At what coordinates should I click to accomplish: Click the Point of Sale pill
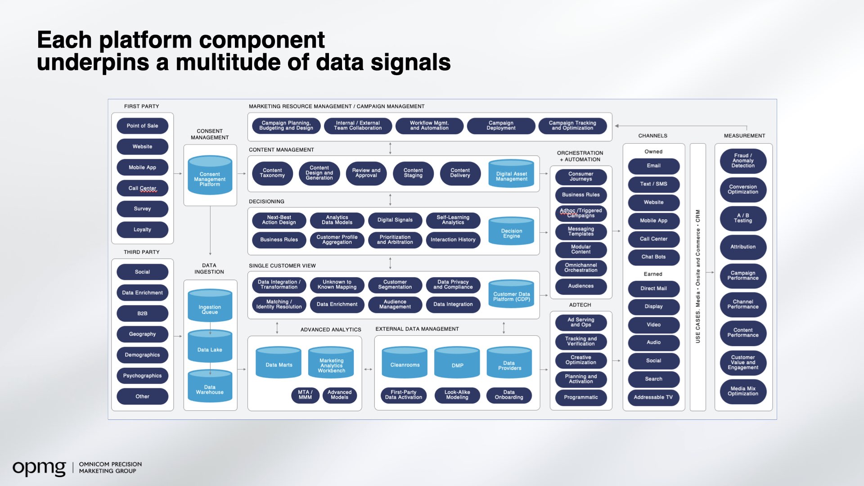[142, 126]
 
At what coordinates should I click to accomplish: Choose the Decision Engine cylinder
[511, 232]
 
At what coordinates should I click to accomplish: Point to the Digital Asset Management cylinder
[511, 174]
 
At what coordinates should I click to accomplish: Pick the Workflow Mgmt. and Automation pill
[429, 126]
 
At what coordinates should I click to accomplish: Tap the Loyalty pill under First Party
[142, 229]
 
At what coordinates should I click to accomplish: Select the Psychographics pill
[142, 376]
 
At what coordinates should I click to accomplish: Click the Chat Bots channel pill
[653, 257]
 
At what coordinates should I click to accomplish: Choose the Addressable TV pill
[653, 397]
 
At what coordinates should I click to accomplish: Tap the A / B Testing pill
[743, 218]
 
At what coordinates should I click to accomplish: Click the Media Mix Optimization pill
[743, 391]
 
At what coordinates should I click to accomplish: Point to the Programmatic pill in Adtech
[581, 397]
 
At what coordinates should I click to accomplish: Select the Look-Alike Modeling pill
[457, 395]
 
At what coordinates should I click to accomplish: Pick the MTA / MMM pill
[305, 395]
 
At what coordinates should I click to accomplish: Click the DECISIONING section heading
[266, 202]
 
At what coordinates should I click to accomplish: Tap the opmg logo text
[39, 468]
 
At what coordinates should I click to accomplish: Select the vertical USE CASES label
[698, 276]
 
